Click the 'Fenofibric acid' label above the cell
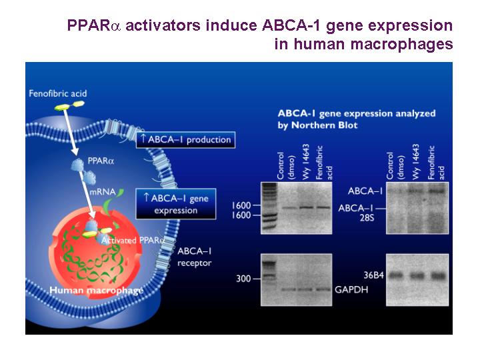point(57,93)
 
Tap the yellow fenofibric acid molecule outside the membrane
point(69,105)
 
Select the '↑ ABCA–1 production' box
point(185,140)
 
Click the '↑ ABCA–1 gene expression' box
point(176,204)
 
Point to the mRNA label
point(103,192)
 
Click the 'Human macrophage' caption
point(96,290)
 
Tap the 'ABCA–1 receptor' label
point(195,257)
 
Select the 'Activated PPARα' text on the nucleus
point(133,240)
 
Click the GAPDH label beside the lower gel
point(351,289)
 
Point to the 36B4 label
point(373,275)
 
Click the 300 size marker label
point(243,279)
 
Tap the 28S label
point(367,218)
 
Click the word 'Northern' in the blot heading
point(325,125)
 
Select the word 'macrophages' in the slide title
point(401,44)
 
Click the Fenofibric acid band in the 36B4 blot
point(438,276)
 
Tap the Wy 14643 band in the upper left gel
point(307,207)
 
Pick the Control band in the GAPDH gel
point(289,289)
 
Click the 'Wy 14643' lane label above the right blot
point(415,161)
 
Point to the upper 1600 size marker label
point(241,205)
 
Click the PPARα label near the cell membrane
point(101,161)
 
